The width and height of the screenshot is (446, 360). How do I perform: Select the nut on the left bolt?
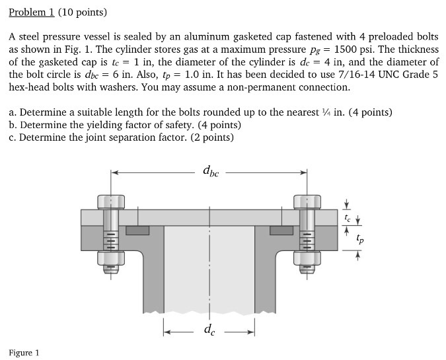click(x=110, y=268)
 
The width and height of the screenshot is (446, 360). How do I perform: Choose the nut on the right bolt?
click(x=308, y=268)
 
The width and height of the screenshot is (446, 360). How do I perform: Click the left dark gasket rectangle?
click(x=137, y=231)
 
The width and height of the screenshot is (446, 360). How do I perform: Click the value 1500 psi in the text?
click(x=355, y=50)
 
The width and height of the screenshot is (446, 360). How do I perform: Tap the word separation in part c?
click(x=126, y=137)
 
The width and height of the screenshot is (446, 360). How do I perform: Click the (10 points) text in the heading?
click(x=82, y=13)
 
